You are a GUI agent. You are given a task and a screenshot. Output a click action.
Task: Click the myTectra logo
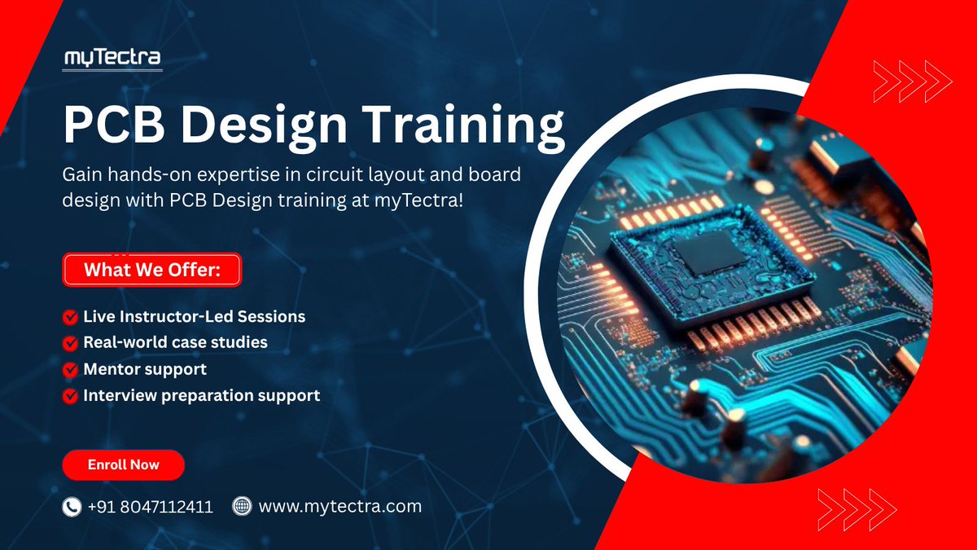coord(113,58)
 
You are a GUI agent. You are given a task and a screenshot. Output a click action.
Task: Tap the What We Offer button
coord(151,270)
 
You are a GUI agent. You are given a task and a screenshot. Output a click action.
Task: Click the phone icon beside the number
coord(72,507)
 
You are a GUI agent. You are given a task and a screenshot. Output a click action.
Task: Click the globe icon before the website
coord(242,506)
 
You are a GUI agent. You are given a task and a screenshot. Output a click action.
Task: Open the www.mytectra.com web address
coord(340,506)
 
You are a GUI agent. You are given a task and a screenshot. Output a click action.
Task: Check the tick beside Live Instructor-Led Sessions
coord(70,315)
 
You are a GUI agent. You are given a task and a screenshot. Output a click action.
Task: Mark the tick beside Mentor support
coord(70,369)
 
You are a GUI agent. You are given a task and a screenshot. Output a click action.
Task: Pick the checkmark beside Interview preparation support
coord(70,396)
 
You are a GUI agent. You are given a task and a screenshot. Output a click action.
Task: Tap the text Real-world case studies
coord(175,342)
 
